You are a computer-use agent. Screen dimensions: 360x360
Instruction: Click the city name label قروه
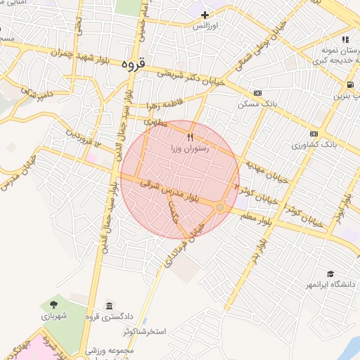134,64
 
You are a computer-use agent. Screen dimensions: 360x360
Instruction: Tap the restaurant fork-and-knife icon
190,136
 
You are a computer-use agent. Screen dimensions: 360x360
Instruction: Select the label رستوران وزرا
190,149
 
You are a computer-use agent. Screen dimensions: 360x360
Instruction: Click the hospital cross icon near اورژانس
205,15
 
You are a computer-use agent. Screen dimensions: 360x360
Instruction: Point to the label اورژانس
207,26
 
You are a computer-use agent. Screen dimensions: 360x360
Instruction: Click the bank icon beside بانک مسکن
258,92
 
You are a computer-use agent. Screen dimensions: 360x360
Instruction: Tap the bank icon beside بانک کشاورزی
313,134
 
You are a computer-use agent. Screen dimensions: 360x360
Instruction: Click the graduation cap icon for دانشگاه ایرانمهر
330,274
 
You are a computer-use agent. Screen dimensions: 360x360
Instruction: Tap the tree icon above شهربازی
54,304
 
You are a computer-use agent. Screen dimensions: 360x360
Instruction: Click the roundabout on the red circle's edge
220,207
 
